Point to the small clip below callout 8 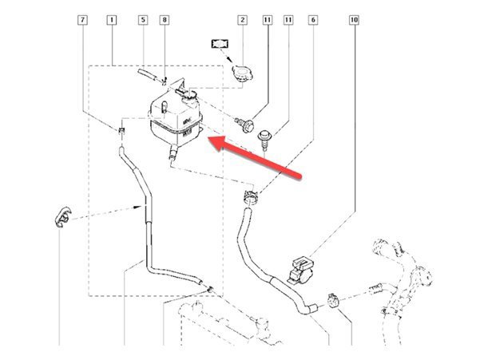pyautogui.click(x=164, y=79)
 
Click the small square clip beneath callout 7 pyautogui.click(x=121, y=129)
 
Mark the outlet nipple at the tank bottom pyautogui.click(x=171, y=160)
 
